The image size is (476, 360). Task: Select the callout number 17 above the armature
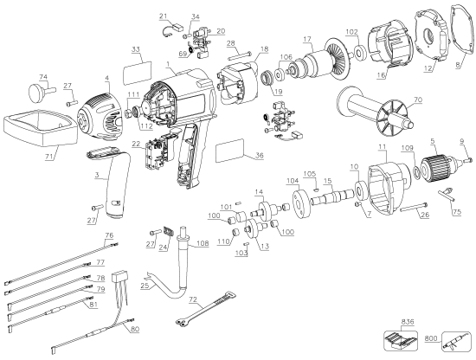tap(306, 38)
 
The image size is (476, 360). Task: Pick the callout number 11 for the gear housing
tap(378, 149)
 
